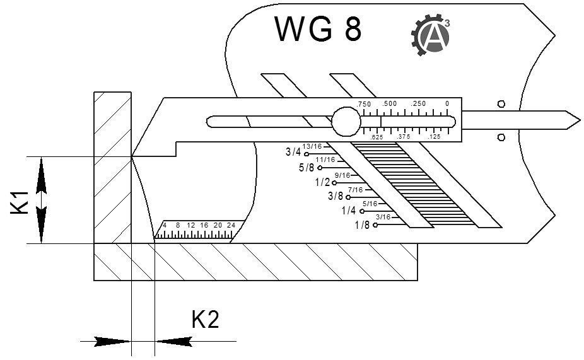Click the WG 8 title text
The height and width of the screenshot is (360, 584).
[318, 30]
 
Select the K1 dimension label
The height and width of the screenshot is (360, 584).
[21, 202]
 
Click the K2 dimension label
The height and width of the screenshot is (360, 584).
[205, 320]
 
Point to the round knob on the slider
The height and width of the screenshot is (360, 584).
[346, 122]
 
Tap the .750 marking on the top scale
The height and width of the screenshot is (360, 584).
[364, 103]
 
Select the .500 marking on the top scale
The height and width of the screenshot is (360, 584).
[390, 103]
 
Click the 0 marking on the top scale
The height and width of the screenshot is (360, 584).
[447, 103]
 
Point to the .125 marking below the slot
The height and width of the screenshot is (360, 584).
[434, 137]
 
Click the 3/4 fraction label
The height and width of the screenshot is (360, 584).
[293, 153]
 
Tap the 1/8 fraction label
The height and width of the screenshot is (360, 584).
[362, 225]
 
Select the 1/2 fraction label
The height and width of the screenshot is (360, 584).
[323, 182]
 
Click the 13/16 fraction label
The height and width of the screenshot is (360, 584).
[312, 146]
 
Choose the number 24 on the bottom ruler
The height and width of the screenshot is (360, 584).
[231, 225]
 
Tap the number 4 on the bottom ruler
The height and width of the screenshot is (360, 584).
[165, 225]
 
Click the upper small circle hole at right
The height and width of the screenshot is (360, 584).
[501, 103]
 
